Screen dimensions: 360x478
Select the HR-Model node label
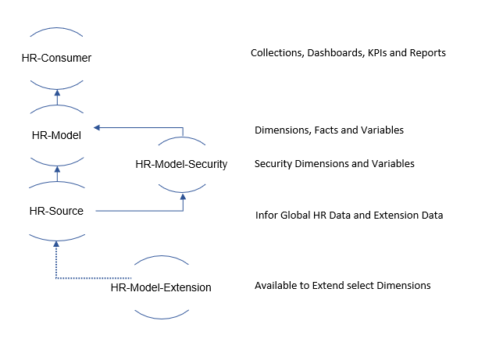[x=55, y=134]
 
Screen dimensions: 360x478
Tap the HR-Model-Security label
[x=181, y=164]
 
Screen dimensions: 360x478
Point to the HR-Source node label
[x=55, y=210]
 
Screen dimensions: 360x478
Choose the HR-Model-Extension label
[x=161, y=287]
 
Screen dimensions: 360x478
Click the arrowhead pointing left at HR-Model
[x=98, y=127]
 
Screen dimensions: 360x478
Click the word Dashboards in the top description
[x=333, y=53]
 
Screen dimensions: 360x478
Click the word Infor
[x=267, y=215]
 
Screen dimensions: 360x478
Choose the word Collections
[x=276, y=53]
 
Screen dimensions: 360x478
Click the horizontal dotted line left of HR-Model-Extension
[x=94, y=277]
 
